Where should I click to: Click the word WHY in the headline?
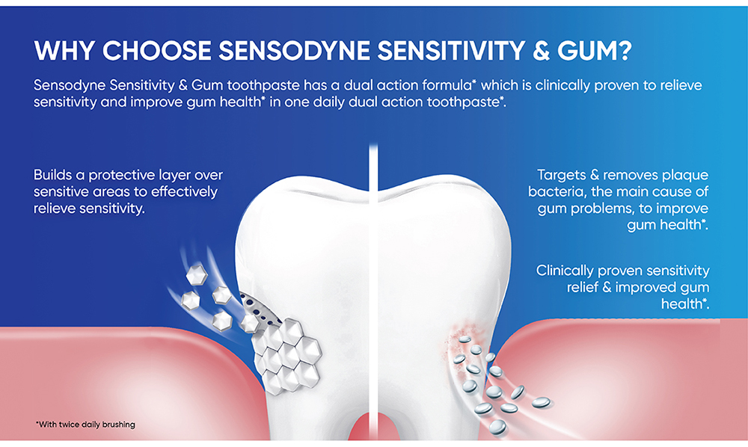pos(64,51)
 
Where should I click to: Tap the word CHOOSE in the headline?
pos(157,51)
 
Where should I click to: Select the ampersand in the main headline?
pos(541,51)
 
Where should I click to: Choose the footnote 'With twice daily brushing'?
pos(85,425)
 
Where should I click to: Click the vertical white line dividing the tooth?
pos(373,291)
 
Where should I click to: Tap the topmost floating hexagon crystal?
pos(197,275)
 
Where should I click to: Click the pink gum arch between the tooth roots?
pos(373,427)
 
